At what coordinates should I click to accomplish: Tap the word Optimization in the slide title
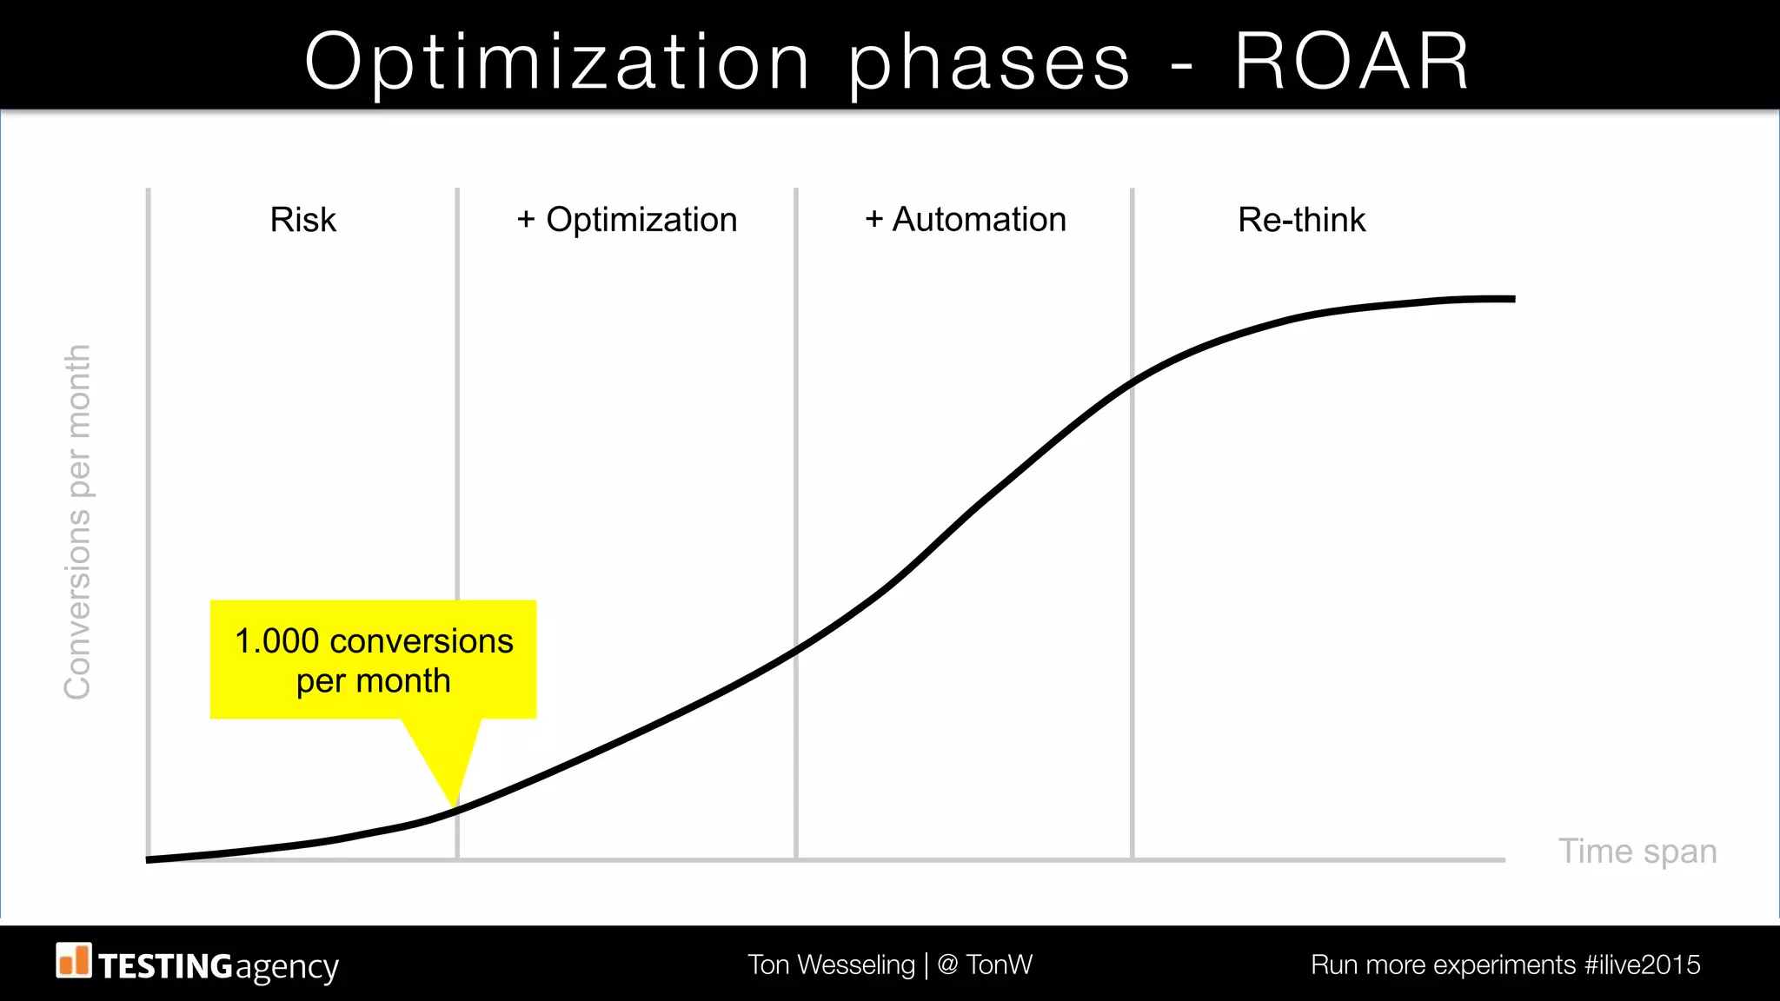[x=557, y=63]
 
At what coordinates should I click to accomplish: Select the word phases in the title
[x=989, y=63]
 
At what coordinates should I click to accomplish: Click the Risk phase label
[x=302, y=220]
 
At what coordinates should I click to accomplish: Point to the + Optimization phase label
[x=627, y=220]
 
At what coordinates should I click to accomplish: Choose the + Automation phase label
[x=966, y=220]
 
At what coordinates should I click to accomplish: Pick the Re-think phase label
[x=1301, y=220]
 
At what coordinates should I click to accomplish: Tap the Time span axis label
[x=1637, y=851]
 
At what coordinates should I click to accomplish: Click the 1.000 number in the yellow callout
[x=276, y=641]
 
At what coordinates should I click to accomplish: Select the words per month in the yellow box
[x=373, y=680]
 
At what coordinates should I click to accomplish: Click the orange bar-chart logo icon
[x=74, y=960]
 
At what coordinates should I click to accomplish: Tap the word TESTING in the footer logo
[x=165, y=966]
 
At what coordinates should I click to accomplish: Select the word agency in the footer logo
[x=286, y=967]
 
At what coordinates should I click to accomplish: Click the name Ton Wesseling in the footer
[x=831, y=965]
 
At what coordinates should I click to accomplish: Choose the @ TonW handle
[x=985, y=965]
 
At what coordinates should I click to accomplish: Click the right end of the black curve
[x=1512, y=299]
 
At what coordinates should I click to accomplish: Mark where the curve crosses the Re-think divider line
[x=1132, y=381]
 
